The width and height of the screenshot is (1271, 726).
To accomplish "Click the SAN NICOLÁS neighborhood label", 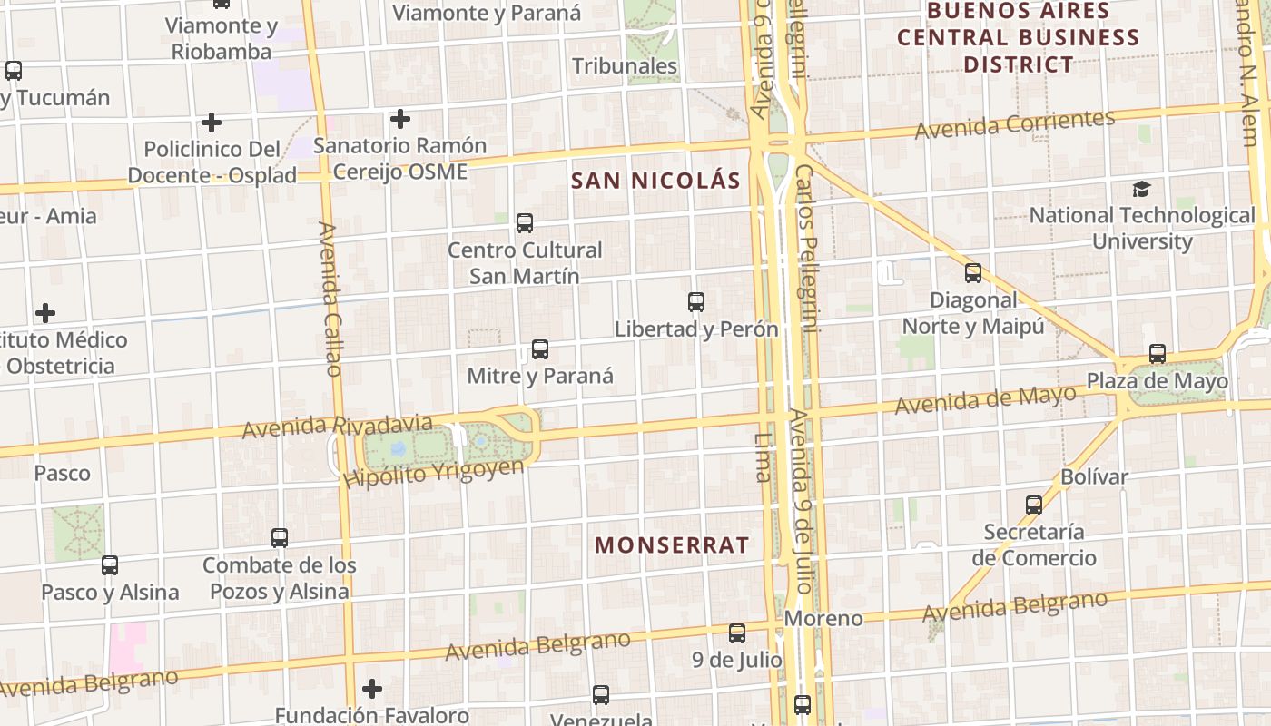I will [655, 180].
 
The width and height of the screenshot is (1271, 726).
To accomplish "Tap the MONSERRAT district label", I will [672, 544].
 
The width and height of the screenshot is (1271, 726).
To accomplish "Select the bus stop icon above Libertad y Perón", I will [696, 302].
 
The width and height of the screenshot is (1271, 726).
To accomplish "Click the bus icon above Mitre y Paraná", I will [540, 348].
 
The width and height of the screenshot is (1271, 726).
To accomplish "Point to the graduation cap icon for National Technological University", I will [1141, 189].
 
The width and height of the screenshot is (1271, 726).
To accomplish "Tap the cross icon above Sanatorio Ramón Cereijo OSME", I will [399, 119].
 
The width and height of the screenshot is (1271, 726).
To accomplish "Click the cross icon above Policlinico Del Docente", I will [212, 122].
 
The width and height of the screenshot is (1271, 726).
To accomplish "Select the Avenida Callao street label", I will [330, 299].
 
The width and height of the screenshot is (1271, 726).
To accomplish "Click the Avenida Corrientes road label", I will [1014, 124].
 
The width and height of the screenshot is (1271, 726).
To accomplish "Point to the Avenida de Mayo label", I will [985, 399].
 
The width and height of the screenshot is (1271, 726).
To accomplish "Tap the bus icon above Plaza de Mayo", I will [1157, 354].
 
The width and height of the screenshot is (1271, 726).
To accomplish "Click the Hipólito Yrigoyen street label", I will [434, 472].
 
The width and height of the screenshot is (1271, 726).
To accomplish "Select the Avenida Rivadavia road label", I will [337, 426].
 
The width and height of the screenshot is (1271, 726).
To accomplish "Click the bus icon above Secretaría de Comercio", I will [1033, 505].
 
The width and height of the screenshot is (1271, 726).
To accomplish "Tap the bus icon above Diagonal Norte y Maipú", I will [973, 272].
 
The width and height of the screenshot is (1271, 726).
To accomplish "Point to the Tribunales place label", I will [625, 65].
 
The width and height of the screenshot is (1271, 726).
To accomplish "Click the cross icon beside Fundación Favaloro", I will [371, 689].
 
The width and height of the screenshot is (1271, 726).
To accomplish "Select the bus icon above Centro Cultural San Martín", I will [524, 222].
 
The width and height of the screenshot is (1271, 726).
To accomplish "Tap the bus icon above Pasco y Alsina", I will [110, 564].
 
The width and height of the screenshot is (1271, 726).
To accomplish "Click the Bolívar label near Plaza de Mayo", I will [1094, 476].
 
